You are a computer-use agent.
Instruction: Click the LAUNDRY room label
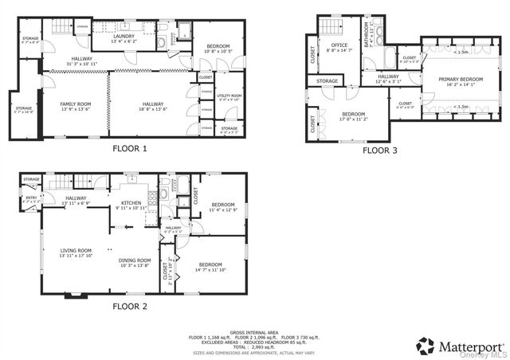pos(124,36)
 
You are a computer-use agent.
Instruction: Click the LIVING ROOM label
pos(76,251)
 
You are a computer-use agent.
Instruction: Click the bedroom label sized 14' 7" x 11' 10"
pos(210,266)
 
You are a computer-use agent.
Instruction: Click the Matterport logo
pos(460,345)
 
